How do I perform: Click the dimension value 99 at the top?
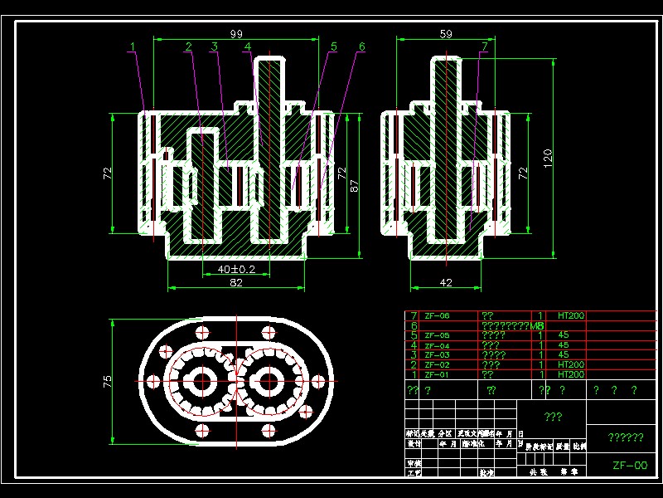click(x=236, y=33)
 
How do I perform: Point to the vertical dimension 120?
click(x=548, y=158)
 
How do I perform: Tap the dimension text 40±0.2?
click(x=236, y=269)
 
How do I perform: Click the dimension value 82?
click(x=236, y=284)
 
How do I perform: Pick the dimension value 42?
click(x=446, y=284)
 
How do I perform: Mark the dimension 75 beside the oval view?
click(x=108, y=382)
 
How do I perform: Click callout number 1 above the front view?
click(x=132, y=47)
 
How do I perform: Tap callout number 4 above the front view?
click(x=247, y=47)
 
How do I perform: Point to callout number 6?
click(x=361, y=47)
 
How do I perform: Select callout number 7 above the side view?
click(x=484, y=47)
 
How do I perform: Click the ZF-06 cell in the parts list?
click(x=437, y=316)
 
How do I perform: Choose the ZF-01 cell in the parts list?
click(x=437, y=374)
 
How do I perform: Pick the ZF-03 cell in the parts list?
click(x=437, y=355)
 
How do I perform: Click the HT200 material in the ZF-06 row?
click(x=571, y=316)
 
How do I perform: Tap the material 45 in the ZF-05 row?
click(x=564, y=335)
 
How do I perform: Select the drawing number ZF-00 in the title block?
click(x=629, y=466)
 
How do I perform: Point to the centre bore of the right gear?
click(x=268, y=382)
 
